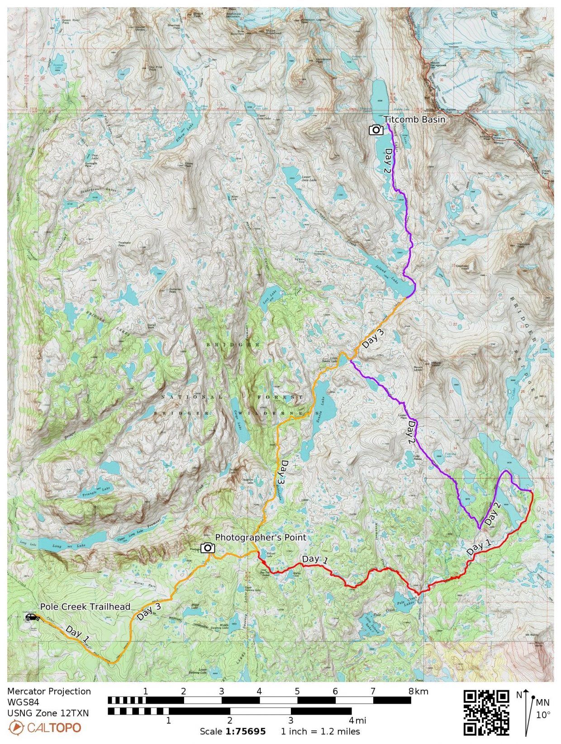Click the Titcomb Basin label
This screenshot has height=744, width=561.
coord(414,119)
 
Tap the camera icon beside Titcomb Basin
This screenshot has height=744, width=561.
coord(376,130)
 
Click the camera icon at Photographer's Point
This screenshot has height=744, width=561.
coord(207,548)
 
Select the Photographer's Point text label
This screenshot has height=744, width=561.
coord(261,537)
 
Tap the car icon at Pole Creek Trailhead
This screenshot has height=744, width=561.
coord(32,617)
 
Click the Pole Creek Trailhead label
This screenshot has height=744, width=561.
coord(85,606)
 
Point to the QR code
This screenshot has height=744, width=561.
coord(486,713)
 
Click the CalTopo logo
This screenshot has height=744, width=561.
coord(45,728)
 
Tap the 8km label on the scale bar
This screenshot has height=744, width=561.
coord(418,691)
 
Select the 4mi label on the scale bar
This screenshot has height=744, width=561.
coord(357,720)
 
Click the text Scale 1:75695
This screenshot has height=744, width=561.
coord(233,731)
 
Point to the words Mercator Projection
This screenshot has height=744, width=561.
coord(49,691)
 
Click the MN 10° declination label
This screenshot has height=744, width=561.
coord(542,709)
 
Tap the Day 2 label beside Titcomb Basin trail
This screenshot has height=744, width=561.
coord(387,161)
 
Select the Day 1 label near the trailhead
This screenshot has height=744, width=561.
coord(77,633)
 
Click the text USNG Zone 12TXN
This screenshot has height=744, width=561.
coord(48,713)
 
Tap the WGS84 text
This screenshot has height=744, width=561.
coord(23,702)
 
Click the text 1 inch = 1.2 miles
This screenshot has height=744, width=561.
coord(320,731)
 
